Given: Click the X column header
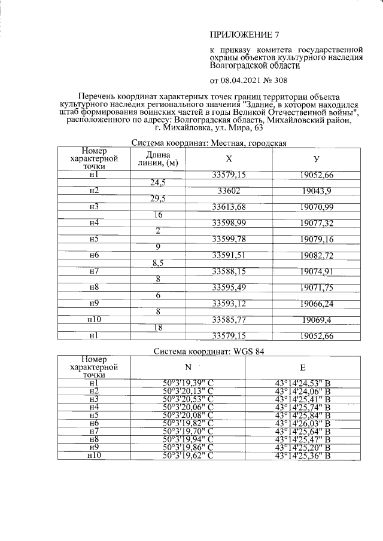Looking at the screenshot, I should pyautogui.click(x=229, y=159).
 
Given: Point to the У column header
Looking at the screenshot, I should pyautogui.click(x=316, y=159).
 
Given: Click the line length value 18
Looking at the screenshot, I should pyautogui.click(x=159, y=328).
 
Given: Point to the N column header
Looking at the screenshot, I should pyautogui.click(x=189, y=368).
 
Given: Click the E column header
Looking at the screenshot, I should pyautogui.click(x=303, y=368).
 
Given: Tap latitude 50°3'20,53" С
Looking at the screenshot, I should pyautogui.click(x=189, y=398).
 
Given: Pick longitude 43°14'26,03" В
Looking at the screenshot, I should pyautogui.click(x=303, y=423).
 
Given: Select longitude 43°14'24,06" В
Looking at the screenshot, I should pyautogui.click(x=303, y=390).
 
